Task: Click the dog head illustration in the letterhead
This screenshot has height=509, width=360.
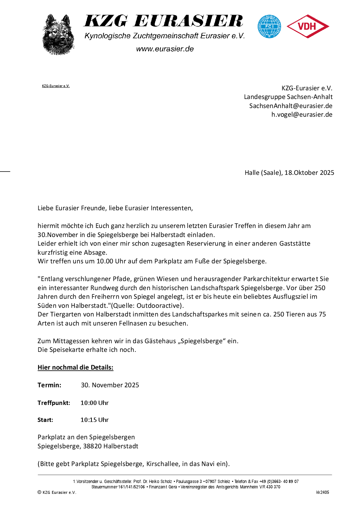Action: point(58,35)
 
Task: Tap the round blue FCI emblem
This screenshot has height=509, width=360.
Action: point(269,26)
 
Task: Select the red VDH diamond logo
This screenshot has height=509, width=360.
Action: point(308,26)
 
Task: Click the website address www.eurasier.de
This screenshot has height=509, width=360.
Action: point(165,49)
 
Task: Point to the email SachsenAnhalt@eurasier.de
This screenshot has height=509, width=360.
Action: point(291,106)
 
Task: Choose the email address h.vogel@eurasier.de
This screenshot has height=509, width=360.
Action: point(302,115)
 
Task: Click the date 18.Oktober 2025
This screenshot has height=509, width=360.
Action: point(309,173)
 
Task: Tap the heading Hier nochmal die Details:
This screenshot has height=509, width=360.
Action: point(76,367)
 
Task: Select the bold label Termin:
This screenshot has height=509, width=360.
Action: point(50,385)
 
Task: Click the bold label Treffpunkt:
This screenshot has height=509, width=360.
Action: point(54,403)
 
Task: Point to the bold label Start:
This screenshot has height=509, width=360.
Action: point(45,420)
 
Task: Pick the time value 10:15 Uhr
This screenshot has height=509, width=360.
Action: point(94,420)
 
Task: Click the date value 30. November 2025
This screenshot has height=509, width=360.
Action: point(110,385)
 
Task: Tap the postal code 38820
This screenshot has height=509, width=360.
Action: point(92,446)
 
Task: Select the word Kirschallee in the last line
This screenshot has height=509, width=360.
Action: point(162,464)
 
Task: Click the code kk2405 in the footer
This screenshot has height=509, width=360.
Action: point(322,492)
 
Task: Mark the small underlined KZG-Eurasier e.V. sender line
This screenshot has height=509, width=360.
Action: point(56,86)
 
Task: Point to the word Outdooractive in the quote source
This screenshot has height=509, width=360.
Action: point(157,306)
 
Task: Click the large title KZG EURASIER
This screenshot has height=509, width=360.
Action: point(163,21)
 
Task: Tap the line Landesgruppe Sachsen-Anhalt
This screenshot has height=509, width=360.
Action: point(288,97)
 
